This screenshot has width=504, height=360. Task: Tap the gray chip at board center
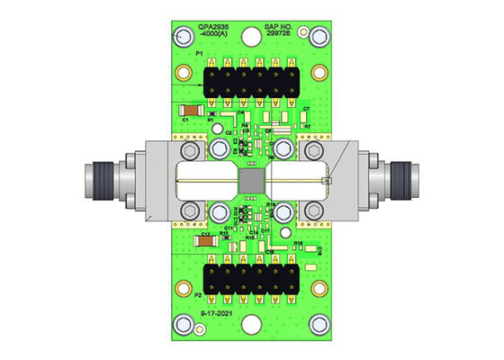coord(251,182)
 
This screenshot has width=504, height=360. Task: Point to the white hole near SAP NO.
coord(316,67)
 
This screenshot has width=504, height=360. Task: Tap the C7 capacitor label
coord(306,109)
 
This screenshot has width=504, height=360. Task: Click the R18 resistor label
coord(299,243)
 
